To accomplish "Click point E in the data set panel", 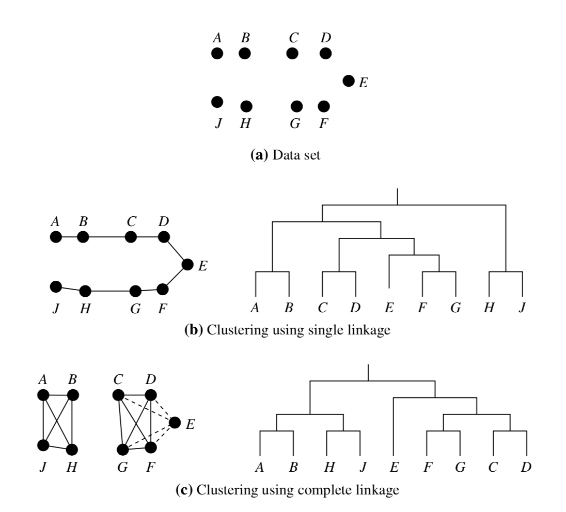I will point(349,81).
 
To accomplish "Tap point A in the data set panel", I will point(217,53).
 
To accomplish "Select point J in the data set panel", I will point(217,102).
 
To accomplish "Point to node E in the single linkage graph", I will point(188,265).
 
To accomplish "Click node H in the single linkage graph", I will point(85,291).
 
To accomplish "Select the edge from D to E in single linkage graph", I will point(176,251).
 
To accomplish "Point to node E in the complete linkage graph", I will point(175,422).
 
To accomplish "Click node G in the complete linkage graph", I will point(122,450).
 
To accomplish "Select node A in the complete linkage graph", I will point(43,395).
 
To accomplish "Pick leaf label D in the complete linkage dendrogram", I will point(526,468).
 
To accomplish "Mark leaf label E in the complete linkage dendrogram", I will point(395,468).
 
